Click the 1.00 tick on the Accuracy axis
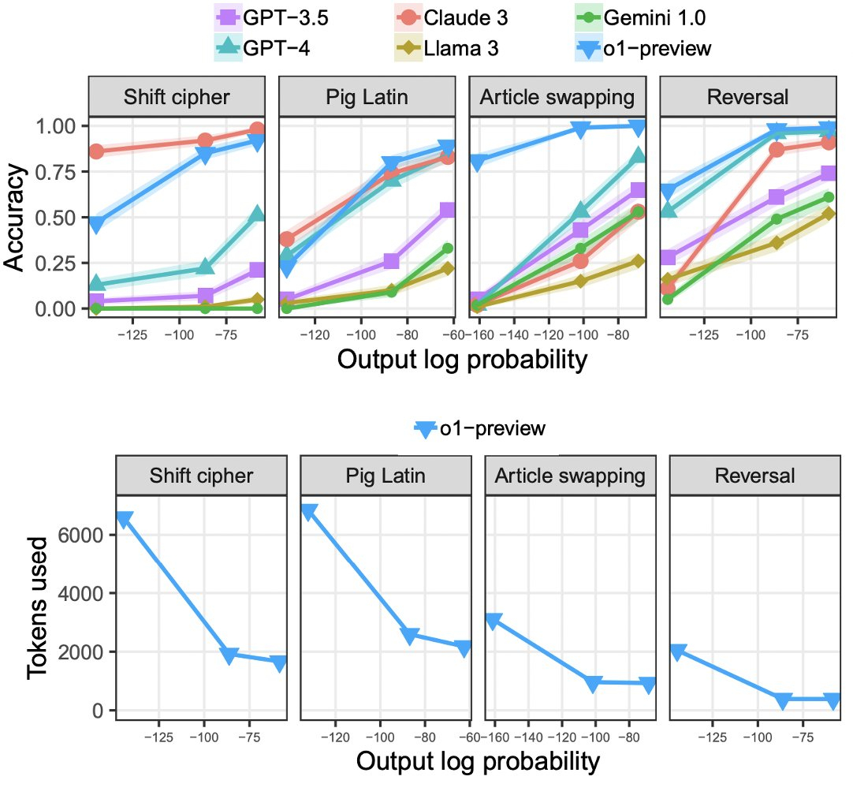click(x=55, y=126)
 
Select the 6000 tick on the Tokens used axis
click(x=87, y=535)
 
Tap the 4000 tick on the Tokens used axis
click(x=87, y=593)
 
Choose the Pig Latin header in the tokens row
click(x=385, y=476)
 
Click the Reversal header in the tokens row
click(x=754, y=476)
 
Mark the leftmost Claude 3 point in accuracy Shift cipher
click(x=96, y=151)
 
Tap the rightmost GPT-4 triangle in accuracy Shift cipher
click(x=257, y=215)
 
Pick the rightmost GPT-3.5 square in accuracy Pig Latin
click(x=448, y=210)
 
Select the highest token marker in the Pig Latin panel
click(x=308, y=513)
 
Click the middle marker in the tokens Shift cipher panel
click(x=229, y=655)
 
